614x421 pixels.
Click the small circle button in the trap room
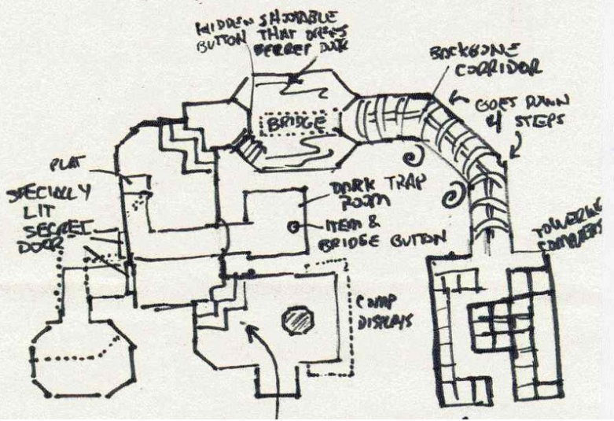[293, 227]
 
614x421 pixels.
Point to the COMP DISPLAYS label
[379, 313]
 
